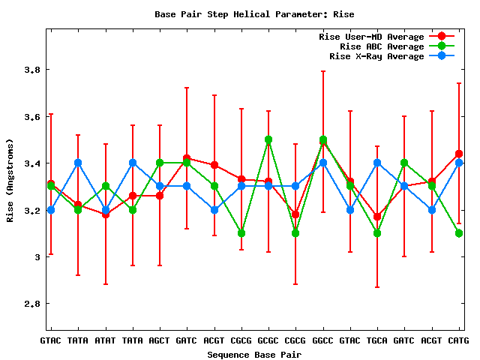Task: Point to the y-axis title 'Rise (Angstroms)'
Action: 10,179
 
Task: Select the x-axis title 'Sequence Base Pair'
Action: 254,354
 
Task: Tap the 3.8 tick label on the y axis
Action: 31,70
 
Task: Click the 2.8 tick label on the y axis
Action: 31,304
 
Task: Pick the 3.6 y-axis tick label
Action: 31,117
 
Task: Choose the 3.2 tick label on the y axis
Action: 31,210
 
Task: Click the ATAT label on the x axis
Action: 105,341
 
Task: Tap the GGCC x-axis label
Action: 323,341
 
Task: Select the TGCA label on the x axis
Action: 377,341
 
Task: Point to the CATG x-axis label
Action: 458,341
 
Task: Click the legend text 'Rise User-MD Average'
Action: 371,37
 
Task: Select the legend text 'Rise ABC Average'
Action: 382,46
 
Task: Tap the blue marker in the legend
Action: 442,56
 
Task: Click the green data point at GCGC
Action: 268,139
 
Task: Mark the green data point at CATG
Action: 459,233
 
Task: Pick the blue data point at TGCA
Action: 377,163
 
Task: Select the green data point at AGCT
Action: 160,163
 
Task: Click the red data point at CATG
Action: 459,154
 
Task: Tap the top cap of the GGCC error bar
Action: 323,71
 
